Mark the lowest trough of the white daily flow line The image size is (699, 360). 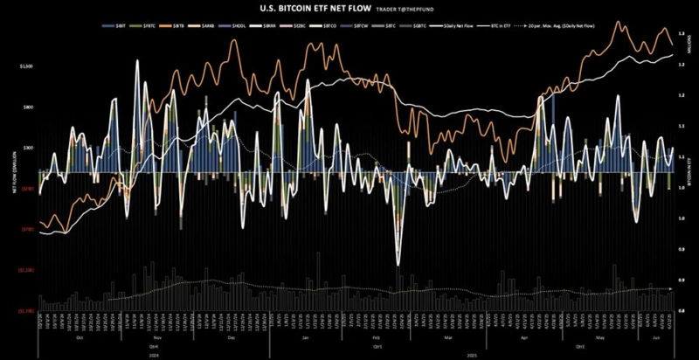[x=398, y=265]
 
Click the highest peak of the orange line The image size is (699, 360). [x=619, y=20]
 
